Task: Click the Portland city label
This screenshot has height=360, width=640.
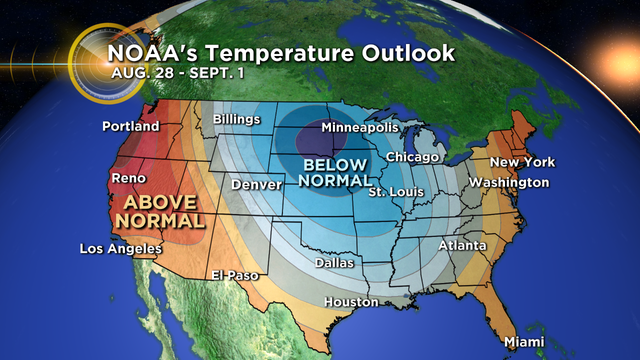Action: (131, 127)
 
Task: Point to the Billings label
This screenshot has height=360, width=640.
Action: (236, 120)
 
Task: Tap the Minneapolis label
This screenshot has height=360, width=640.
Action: (359, 128)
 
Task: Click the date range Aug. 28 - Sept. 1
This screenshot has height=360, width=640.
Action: (165, 75)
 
